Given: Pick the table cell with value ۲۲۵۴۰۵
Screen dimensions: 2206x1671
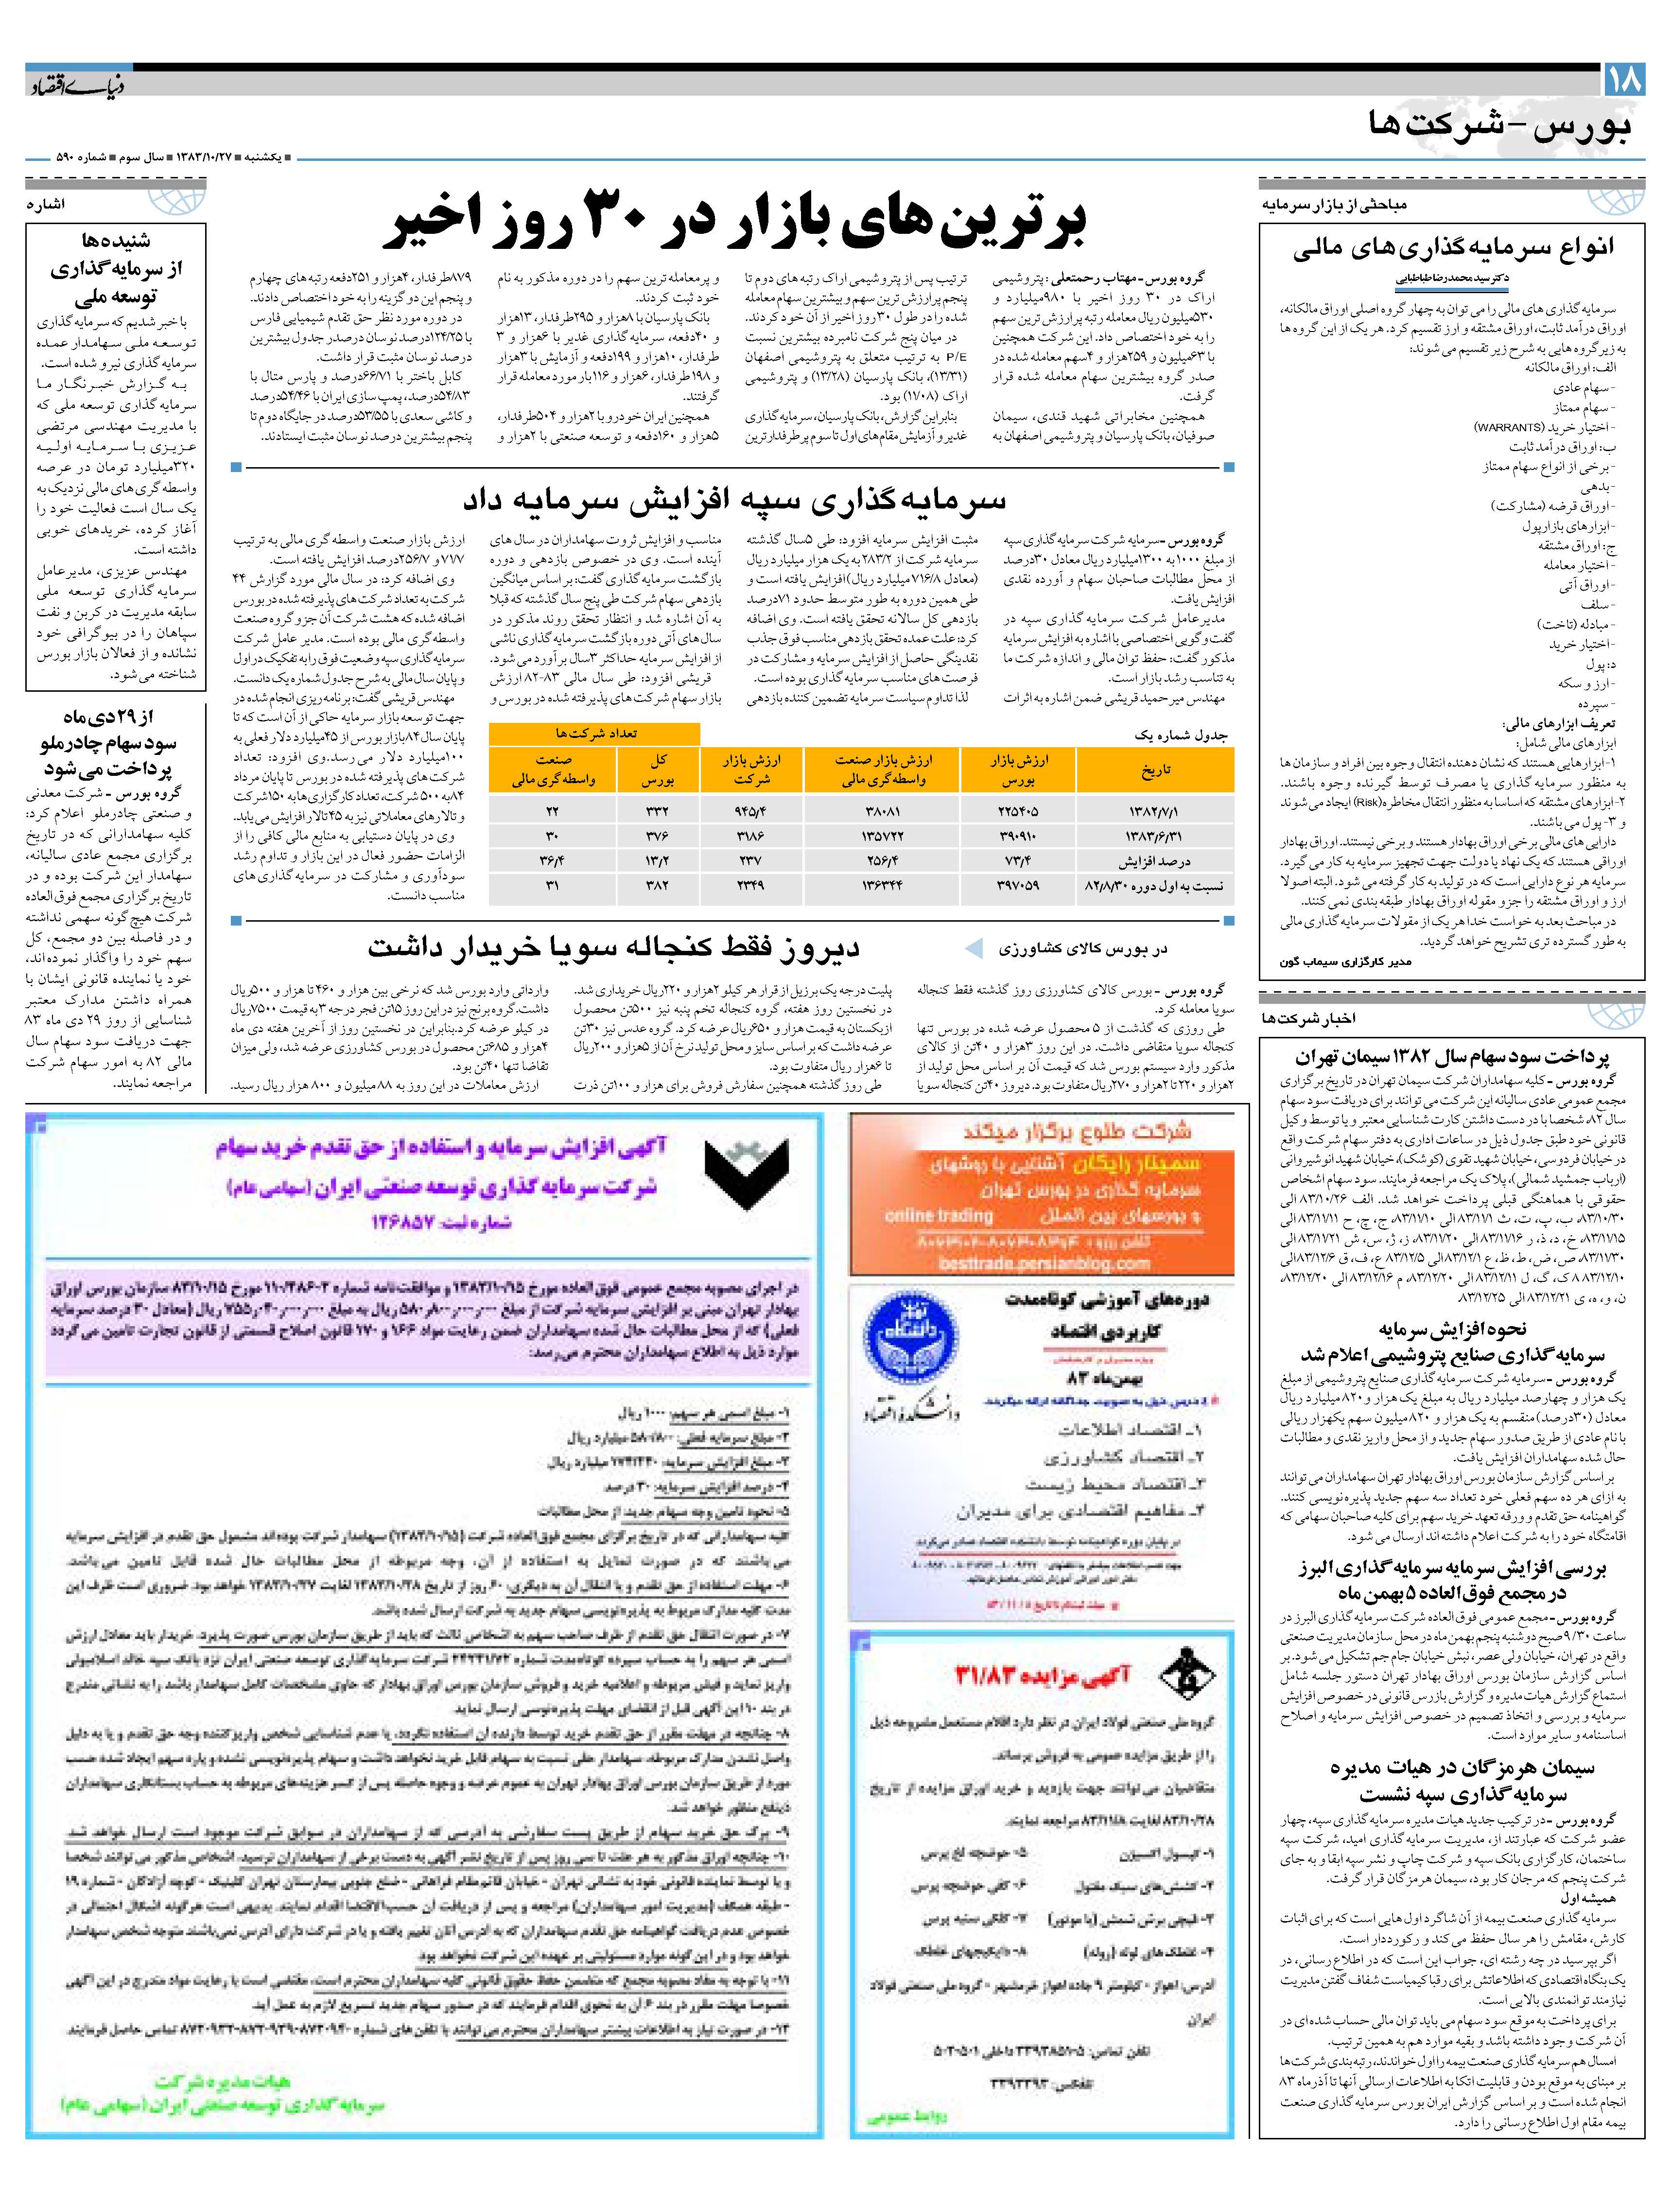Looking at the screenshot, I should click(x=1018, y=812).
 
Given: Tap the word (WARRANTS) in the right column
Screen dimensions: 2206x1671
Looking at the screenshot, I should click(x=1509, y=427).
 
